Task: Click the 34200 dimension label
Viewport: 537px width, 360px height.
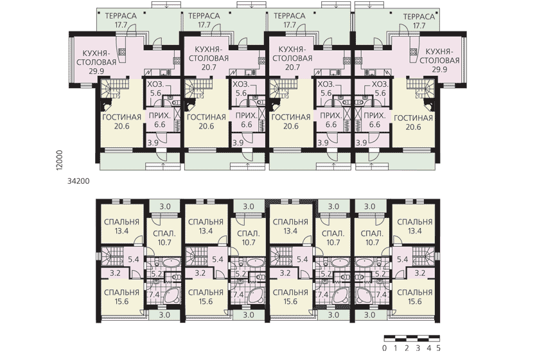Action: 78,181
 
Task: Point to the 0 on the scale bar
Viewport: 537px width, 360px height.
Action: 384,348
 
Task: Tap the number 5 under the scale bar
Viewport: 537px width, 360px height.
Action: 438,348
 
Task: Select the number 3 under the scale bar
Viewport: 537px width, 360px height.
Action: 418,348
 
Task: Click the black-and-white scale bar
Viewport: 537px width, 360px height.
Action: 412,338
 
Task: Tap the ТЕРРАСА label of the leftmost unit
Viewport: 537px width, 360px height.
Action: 121,16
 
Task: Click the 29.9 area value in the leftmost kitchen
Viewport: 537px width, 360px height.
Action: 96,71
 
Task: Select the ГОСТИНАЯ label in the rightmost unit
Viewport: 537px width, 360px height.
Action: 414,118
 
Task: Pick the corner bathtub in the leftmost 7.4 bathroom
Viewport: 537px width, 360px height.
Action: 172,295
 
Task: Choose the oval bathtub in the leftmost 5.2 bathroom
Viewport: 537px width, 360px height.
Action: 171,264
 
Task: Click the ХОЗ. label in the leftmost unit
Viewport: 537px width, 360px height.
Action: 154,84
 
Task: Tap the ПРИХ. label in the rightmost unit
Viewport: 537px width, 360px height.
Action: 374,116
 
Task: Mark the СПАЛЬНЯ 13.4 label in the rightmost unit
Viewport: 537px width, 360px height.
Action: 414,226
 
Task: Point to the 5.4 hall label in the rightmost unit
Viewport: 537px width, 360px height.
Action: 402,260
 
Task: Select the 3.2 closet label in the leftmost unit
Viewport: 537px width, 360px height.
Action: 116,273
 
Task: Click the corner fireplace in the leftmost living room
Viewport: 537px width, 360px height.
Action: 106,105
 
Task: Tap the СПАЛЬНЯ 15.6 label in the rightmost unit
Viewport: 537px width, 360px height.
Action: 414,297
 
